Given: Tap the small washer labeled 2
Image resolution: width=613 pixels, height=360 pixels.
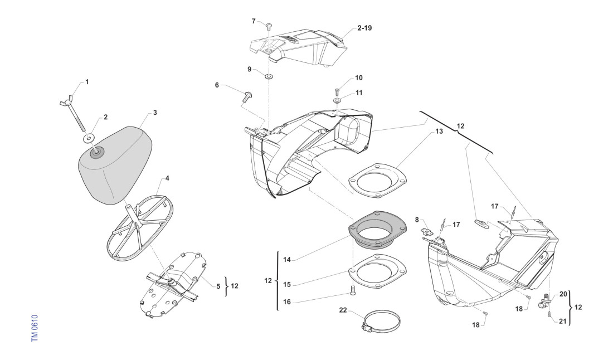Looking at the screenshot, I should coord(89,137).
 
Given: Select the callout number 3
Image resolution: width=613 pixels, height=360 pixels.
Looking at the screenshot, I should coord(155,113).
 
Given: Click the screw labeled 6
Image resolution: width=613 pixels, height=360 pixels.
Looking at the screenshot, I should coord(247,97).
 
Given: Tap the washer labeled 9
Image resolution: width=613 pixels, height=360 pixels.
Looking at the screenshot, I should coord(269,75).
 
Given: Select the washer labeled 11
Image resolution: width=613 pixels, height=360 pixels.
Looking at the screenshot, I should coord(338,101).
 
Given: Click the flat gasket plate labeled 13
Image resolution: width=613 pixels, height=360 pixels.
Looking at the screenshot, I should coord(377,179).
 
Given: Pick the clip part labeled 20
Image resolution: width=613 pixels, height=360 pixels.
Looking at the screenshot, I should coord(544,302).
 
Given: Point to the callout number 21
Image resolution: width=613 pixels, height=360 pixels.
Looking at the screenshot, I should coord(563,322).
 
